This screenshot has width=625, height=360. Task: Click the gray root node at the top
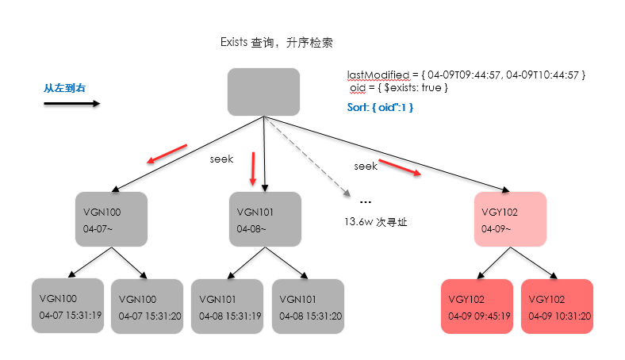click(263, 91)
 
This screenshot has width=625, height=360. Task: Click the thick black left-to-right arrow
click(71, 103)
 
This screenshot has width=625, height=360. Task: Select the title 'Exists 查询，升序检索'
click(281, 42)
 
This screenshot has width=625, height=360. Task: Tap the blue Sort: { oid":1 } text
click(381, 105)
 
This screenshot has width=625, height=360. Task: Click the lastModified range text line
click(466, 75)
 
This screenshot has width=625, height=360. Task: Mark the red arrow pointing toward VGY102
click(398, 167)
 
